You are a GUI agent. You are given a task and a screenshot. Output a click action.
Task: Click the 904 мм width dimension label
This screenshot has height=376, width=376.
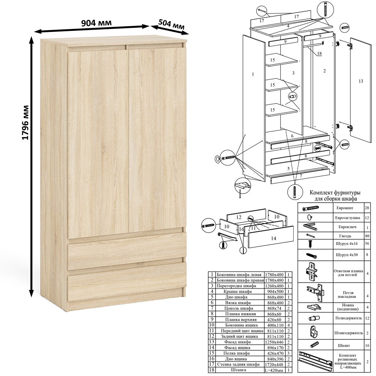[96, 23]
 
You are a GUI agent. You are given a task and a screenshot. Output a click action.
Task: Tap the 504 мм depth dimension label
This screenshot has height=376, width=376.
[171, 25]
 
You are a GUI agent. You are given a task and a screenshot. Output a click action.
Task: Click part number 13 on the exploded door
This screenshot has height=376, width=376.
[361, 81]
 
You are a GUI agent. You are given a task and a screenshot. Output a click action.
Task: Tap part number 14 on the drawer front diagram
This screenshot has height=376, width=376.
[273, 238]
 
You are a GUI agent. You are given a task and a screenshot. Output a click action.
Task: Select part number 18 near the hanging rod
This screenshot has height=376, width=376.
[319, 53]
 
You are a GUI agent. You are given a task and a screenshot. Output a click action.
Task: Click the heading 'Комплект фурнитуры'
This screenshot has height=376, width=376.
[335, 193]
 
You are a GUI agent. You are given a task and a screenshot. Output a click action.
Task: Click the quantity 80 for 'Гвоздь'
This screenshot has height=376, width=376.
[367, 236]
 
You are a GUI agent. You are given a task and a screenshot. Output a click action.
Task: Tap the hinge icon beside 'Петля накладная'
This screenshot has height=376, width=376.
[315, 293]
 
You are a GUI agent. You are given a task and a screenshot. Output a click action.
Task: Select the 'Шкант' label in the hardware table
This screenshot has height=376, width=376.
[344, 346]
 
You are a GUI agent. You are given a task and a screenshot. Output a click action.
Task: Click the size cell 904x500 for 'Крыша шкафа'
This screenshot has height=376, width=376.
[275, 292]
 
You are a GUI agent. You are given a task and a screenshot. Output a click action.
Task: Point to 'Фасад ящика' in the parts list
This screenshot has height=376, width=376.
[237, 347]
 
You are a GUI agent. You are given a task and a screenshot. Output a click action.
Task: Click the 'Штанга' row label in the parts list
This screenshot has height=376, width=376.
[237, 370]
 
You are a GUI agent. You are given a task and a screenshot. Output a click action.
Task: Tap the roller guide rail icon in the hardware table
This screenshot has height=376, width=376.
[315, 359]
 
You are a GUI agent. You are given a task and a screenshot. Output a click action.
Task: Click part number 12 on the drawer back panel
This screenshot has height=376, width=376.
[238, 217]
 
